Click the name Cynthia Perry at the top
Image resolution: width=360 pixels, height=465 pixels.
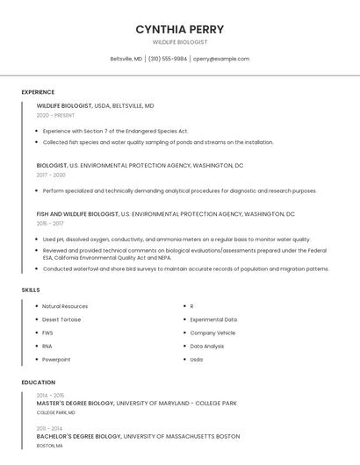pyautogui.click(x=179, y=29)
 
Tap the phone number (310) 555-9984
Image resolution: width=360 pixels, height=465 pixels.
pyautogui.click(x=168, y=59)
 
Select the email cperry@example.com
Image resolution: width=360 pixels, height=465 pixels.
pyautogui.click(x=221, y=59)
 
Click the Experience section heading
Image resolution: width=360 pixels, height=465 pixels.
pyautogui.click(x=38, y=92)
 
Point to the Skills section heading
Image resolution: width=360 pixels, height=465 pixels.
pyautogui.click(x=31, y=290)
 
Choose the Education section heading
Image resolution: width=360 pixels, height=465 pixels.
pyautogui.click(x=38, y=383)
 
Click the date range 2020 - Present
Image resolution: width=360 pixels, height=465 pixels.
pyautogui.click(x=55, y=116)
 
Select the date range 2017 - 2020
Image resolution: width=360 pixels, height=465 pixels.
pyautogui.click(x=51, y=175)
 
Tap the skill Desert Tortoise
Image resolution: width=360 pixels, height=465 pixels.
pyautogui.click(x=61, y=319)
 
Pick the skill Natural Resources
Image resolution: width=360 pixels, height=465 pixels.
pyautogui.click(x=65, y=306)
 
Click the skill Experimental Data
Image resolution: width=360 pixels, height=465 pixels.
pyautogui.click(x=213, y=319)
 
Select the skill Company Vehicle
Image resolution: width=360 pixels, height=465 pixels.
pyautogui.click(x=212, y=333)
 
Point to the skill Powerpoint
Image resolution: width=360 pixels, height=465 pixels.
pyautogui.click(x=56, y=359)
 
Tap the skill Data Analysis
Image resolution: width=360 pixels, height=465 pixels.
pyautogui.click(x=207, y=346)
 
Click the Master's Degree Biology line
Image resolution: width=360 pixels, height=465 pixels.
pyautogui.click(x=137, y=404)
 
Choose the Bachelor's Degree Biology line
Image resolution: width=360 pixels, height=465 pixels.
pyautogui.click(x=138, y=436)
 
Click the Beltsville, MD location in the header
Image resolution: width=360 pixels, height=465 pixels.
pyautogui.click(x=126, y=59)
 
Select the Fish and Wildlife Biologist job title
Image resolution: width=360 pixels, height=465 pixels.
pyautogui.click(x=77, y=213)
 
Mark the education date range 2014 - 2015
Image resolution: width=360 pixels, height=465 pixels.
pyautogui.click(x=50, y=395)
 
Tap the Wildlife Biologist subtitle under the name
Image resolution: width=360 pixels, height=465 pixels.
pyautogui.click(x=179, y=42)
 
